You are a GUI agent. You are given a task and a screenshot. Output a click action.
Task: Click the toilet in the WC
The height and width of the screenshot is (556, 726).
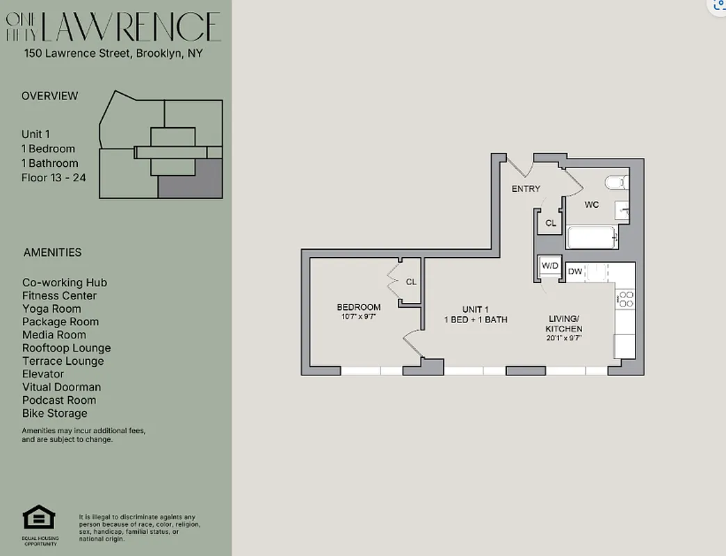pos(615,183)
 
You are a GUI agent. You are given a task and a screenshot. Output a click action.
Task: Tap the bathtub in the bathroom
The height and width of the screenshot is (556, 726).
pos(591,238)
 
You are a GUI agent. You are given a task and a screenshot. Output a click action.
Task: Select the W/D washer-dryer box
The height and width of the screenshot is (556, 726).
pos(550,265)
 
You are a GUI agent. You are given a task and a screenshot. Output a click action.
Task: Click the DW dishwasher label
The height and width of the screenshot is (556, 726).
pos(575,272)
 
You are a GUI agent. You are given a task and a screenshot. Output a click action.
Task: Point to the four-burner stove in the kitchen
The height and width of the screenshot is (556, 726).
pos(626,300)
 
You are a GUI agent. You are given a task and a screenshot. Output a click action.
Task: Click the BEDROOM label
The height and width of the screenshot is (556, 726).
pos(359,307)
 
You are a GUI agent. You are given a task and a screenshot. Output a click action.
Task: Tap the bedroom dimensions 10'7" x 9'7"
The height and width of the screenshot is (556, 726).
pos(359,317)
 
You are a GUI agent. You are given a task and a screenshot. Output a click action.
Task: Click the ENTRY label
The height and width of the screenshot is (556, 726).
pos(526,189)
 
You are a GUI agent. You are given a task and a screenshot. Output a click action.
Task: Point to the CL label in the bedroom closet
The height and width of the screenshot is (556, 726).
pos(411,281)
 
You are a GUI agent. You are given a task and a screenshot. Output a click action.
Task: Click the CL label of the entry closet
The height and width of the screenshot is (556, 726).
pos(551,223)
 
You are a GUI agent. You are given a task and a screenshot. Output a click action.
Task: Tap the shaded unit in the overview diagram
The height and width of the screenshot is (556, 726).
pos(191,179)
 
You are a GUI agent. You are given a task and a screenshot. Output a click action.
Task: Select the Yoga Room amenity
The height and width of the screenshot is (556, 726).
pos(51,309)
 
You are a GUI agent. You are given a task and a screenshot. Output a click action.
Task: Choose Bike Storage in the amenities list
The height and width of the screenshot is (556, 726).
pos(55,413)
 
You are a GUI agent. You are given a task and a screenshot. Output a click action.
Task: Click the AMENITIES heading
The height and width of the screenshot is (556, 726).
pos(52,252)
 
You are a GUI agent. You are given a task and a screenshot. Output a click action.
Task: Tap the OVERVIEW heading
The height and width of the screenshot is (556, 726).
pos(50,96)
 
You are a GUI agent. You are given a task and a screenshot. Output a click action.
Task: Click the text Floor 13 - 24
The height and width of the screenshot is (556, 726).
pos(54,178)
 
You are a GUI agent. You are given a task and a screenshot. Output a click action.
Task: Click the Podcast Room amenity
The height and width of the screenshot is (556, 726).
pos(59,400)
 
